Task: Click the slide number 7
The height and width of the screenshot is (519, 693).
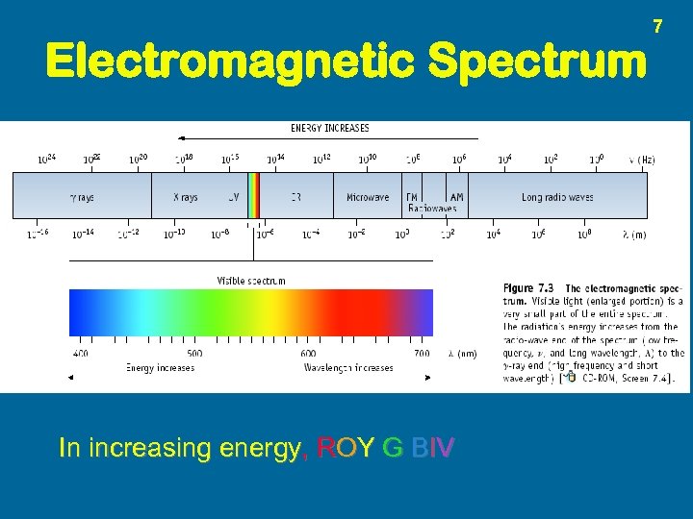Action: pos(658,25)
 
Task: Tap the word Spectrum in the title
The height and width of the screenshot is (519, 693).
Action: pos(537,62)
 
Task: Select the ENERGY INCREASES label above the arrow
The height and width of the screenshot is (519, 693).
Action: pos(329,128)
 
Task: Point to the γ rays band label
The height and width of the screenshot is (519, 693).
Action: pos(81,197)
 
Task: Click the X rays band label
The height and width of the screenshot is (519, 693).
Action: pos(185,197)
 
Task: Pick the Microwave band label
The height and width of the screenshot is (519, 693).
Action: pos(368,197)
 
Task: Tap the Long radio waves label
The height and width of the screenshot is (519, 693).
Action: pos(557,197)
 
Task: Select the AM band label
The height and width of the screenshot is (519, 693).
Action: pos(456,197)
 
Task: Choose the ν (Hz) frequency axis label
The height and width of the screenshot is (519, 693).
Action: pos(641,160)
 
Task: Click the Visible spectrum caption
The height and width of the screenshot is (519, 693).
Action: pos(250,281)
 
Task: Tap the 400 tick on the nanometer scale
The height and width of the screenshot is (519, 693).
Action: pos(80,354)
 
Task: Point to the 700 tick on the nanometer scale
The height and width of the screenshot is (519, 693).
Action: pos(422,354)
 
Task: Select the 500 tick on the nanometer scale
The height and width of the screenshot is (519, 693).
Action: pos(194,354)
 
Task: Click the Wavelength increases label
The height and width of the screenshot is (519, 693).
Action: pos(348,367)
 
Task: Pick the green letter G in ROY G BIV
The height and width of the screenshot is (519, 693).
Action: pos(392,448)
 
